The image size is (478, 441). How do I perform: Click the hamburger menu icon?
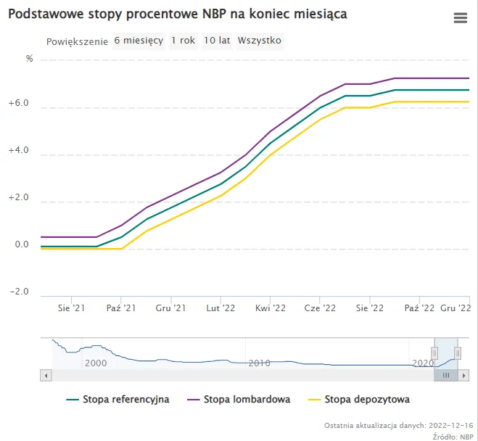point(460,18)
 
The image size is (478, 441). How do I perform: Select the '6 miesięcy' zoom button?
point(139,41)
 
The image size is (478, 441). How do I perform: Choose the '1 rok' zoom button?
point(183,41)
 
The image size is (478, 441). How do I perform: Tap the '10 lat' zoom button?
point(217,41)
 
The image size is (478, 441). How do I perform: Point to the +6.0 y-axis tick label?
point(18,104)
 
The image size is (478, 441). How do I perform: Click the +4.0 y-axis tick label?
point(18,151)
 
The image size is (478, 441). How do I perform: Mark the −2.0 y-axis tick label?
point(18,292)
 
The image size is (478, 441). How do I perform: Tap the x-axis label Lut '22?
point(221,308)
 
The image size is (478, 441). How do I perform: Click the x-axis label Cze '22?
point(319,308)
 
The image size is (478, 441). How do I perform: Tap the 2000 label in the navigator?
point(96,362)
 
